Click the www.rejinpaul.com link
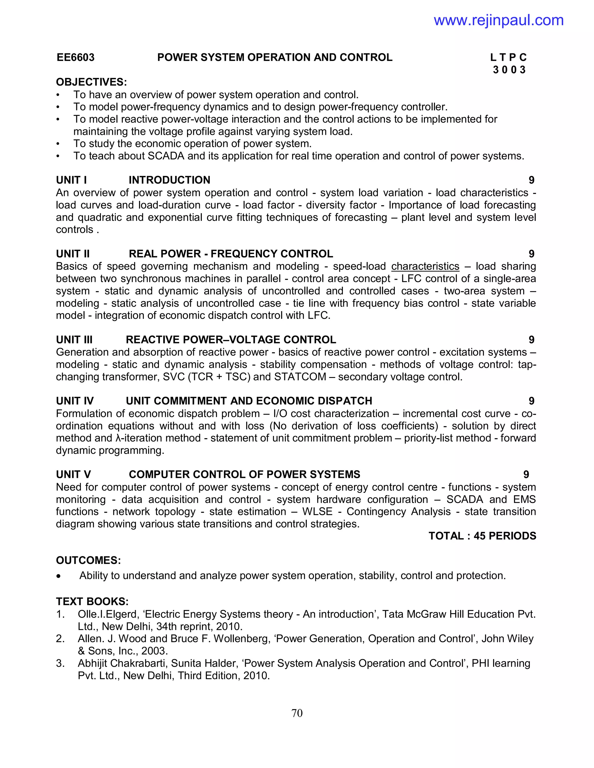click(498, 20)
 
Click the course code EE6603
click(76, 57)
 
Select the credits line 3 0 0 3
click(509, 70)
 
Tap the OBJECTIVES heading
click(91, 82)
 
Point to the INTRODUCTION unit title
click(169, 180)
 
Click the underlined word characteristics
click(425, 266)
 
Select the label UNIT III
click(74, 340)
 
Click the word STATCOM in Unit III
click(300, 377)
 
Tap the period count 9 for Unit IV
click(531, 401)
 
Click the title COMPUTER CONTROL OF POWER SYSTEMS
click(244, 474)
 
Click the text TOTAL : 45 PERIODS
click(482, 536)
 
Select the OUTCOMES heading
click(88, 560)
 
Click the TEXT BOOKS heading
click(92, 601)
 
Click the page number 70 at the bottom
click(297, 713)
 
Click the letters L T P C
click(508, 57)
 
